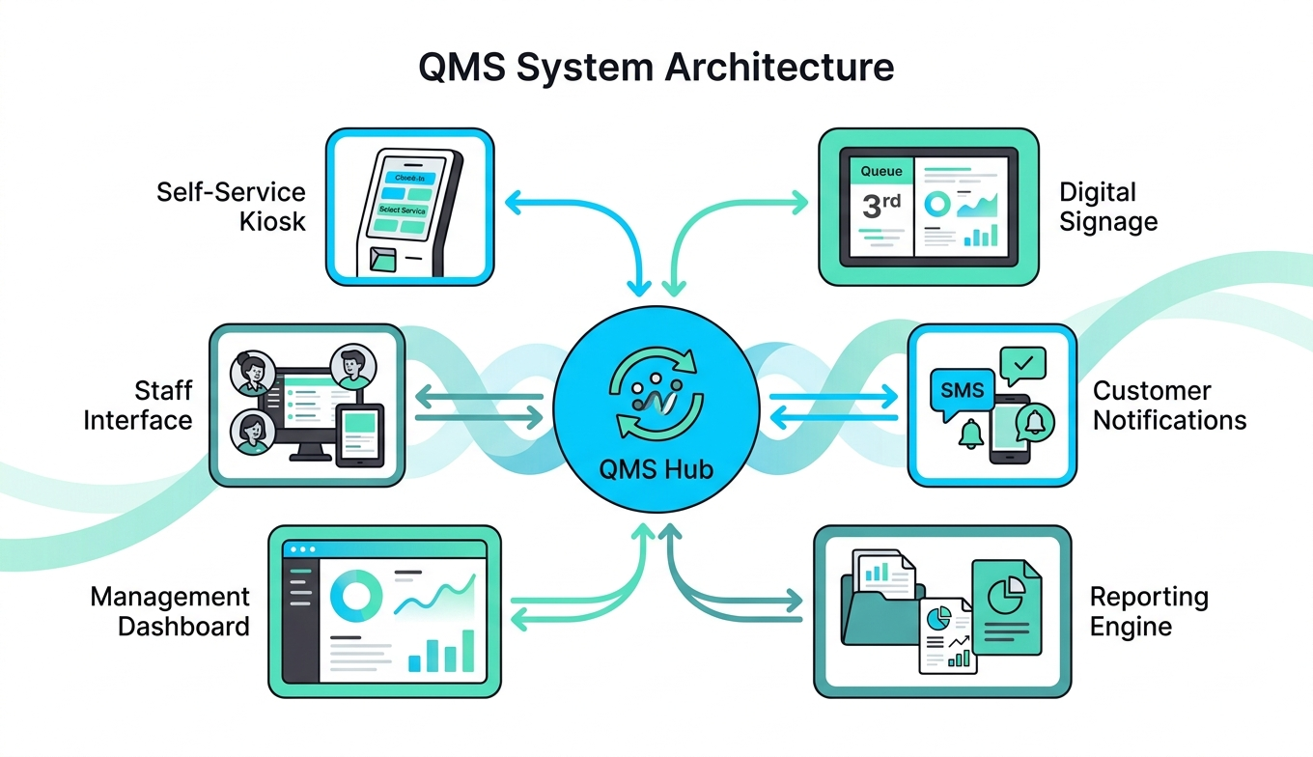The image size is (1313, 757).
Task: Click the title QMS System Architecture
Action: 656,69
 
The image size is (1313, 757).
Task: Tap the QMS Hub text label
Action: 656,470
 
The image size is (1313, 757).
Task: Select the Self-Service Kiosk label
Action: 232,207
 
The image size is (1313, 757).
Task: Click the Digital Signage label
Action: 1108,207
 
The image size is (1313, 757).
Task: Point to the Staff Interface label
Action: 138,406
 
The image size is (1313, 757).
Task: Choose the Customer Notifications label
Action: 1169,406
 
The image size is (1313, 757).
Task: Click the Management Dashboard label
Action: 171,611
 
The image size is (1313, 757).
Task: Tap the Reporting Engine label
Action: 1149,611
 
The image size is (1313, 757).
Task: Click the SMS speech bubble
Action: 963,391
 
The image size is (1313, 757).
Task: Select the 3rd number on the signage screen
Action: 880,207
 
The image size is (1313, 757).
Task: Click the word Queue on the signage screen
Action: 881,171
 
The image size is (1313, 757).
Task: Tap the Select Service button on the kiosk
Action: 403,210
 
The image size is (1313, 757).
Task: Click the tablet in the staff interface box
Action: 358,435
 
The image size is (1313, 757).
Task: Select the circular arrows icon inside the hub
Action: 656,396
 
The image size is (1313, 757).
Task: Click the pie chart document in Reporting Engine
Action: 1007,608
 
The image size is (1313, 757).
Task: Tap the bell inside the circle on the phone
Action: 1035,422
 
